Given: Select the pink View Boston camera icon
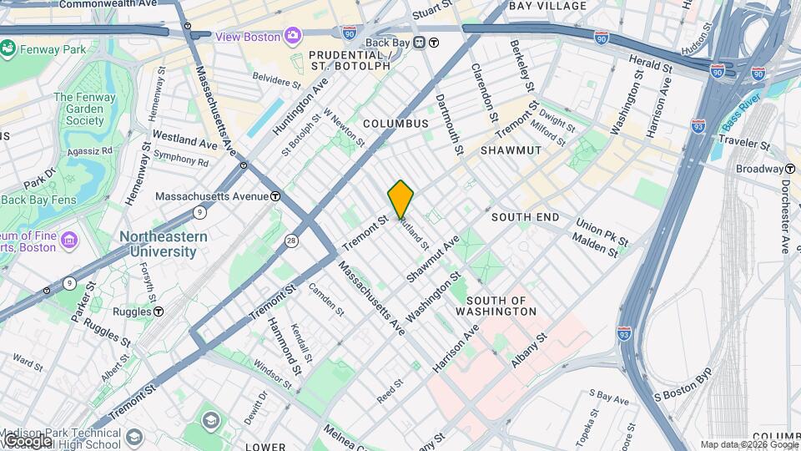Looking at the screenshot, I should pos(293,36).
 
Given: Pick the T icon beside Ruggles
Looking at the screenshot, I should pos(159,312).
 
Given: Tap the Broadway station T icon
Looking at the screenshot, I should pos(789,169).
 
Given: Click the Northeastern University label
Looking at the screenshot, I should pos(163,244).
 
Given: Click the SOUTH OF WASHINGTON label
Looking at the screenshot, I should pos(501,306).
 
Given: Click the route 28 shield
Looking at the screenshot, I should pos(291,241).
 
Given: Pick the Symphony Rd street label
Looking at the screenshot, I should pos(180,158).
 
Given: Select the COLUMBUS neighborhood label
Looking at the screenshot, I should pos(395,124).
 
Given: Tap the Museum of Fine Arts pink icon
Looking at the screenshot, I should pos(69,241).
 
